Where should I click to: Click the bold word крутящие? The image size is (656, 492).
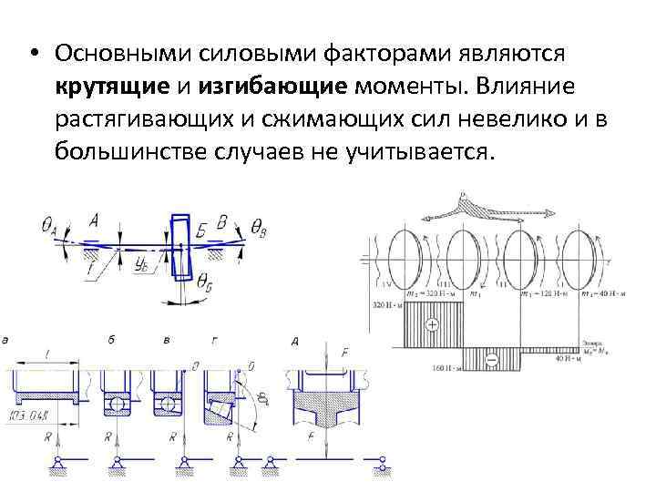105,87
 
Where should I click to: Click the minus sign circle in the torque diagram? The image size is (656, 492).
492,362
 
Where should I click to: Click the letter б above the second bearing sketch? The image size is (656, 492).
110,342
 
